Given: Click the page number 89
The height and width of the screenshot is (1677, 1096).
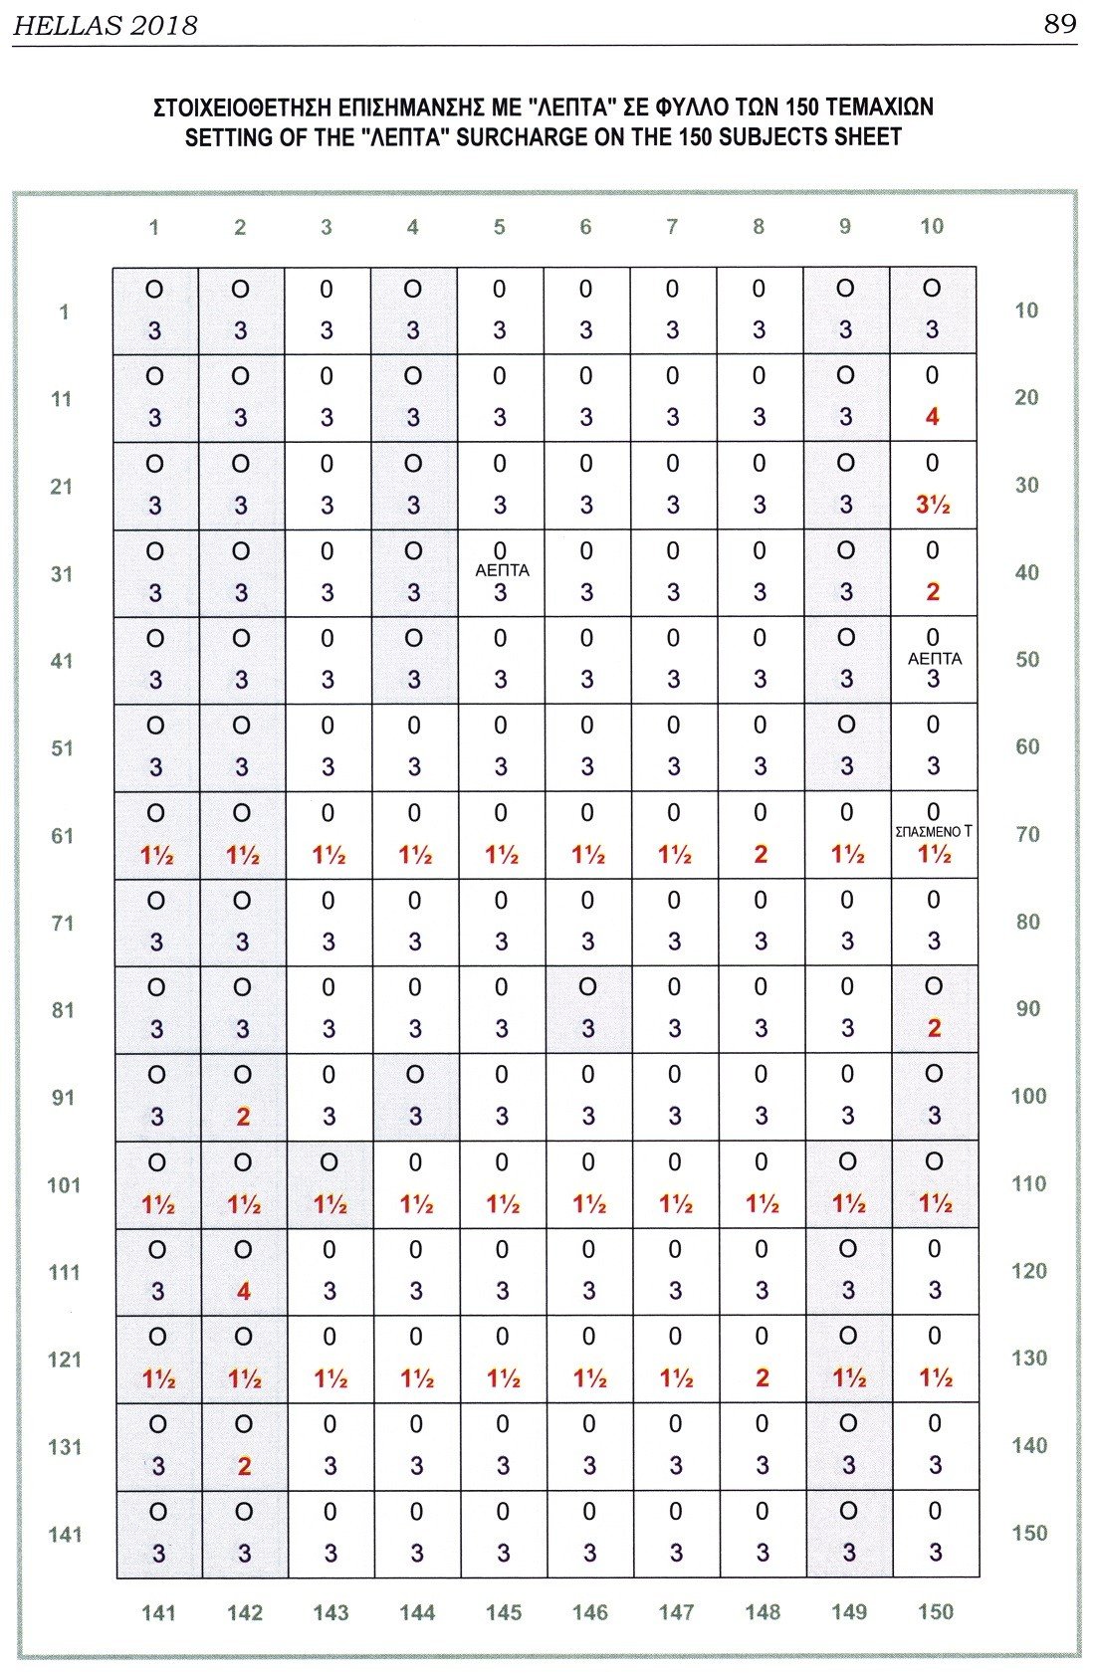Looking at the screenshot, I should coord(1060,24).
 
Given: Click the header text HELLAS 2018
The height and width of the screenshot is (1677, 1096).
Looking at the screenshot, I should coord(105,26).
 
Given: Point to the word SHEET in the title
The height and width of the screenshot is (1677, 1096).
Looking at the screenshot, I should coord(869,137).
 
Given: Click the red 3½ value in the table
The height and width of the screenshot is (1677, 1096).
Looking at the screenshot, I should coord(933,505).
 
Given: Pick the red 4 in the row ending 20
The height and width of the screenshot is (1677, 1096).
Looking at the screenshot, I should coord(932,417).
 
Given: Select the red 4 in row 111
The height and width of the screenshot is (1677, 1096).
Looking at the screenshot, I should coord(243,1291).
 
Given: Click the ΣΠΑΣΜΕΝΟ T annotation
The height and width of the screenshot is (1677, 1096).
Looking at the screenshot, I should coord(933,832).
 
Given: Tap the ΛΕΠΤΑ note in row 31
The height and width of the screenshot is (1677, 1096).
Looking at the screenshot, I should coord(502,571).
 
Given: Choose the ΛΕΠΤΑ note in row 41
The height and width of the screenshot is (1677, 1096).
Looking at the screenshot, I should coord(934,658).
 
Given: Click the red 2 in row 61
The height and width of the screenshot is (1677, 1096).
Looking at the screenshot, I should coord(761,854).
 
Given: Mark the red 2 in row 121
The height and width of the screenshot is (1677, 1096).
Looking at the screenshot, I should coord(762,1378).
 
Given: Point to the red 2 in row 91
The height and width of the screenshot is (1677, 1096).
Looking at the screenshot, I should coord(243,1117).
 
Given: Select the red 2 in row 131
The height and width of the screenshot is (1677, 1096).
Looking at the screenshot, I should coord(244,1466).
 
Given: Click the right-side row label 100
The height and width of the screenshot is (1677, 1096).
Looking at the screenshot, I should coord(1028,1096).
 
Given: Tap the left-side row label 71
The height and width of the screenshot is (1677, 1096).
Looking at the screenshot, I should coord(63,923).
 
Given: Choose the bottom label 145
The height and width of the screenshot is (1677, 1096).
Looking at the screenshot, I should coord(504,1611).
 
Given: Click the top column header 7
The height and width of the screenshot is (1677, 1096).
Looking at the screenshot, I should coord(672,227).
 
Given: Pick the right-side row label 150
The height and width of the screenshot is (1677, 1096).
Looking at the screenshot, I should coord(1029,1533).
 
